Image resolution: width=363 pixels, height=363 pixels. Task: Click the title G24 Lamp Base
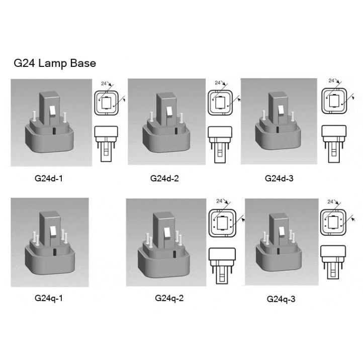point(55,63)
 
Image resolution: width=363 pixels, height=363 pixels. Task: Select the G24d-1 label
point(49,178)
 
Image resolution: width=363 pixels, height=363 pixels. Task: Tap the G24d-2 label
point(164,178)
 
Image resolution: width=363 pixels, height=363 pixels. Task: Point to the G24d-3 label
point(279,178)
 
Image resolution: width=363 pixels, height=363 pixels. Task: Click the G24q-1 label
point(49,298)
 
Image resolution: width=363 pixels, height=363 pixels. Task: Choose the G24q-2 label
point(169,298)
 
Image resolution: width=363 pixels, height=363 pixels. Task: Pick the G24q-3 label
point(281,299)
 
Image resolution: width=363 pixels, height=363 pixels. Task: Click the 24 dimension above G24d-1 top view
point(104,83)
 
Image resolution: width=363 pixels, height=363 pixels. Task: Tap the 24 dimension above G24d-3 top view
point(331,80)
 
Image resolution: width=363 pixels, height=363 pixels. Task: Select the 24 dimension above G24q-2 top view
point(219,201)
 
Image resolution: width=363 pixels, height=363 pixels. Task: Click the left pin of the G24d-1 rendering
point(35,116)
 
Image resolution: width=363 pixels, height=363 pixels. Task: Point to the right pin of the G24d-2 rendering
point(181,118)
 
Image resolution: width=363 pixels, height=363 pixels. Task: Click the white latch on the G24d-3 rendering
point(281,110)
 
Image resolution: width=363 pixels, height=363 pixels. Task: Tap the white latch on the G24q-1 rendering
point(53,231)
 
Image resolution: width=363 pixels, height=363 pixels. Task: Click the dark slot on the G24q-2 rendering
point(174,254)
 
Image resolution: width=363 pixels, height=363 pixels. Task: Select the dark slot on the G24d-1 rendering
point(54,131)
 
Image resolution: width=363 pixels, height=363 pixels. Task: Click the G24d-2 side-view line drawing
point(220,145)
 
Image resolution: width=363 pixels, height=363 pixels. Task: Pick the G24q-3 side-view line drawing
point(333,262)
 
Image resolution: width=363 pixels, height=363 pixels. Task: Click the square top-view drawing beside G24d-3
point(334,101)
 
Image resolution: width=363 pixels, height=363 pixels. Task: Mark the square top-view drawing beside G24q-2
point(222,223)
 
